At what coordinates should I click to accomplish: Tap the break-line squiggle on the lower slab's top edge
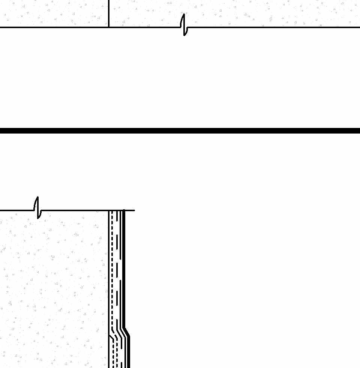click(37, 207)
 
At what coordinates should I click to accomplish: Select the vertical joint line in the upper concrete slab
click(109, 13)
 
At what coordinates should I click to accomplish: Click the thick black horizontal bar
click(180, 131)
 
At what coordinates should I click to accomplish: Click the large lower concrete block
click(52, 289)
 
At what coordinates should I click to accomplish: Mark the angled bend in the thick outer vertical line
click(127, 332)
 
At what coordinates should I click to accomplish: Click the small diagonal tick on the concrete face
click(111, 337)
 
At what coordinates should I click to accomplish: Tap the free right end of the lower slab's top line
click(134, 210)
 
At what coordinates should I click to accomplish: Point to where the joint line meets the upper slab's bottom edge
click(109, 27)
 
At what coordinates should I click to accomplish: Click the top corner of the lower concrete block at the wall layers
click(109, 210)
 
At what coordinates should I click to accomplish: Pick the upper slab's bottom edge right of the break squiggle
click(274, 27)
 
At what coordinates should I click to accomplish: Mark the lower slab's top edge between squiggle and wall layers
click(75, 210)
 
